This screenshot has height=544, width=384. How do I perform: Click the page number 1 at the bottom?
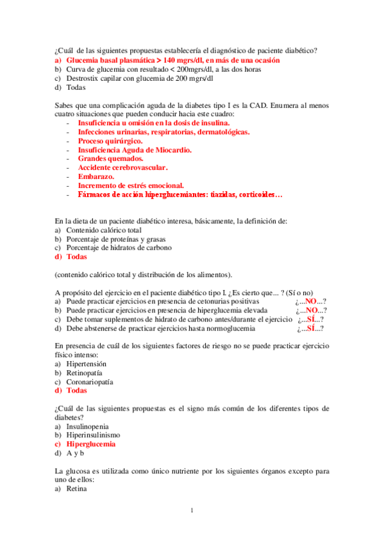(192, 511)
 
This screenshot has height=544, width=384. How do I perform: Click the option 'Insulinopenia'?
(87, 426)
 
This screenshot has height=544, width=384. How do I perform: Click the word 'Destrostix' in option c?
(83, 78)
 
